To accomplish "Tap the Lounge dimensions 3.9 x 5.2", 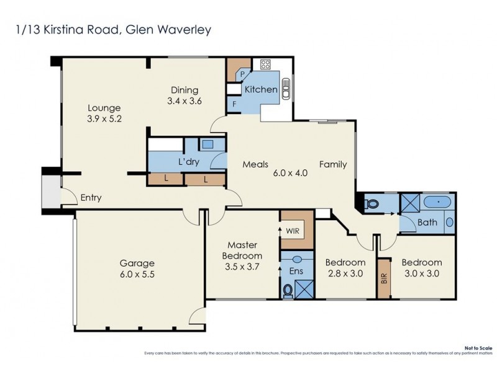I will click(x=104, y=118).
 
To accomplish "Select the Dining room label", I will click(x=185, y=89).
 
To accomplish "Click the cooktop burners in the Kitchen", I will click(x=265, y=64).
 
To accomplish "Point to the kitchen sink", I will click(x=286, y=89).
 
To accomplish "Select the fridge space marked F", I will click(x=234, y=103).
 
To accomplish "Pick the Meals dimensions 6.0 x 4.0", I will click(x=291, y=174).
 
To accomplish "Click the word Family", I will click(x=333, y=164).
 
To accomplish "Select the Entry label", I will click(x=91, y=198).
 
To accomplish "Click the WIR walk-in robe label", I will click(x=292, y=231).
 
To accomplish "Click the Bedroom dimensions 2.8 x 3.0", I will click(x=345, y=273).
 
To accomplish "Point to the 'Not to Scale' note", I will click(x=477, y=348).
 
